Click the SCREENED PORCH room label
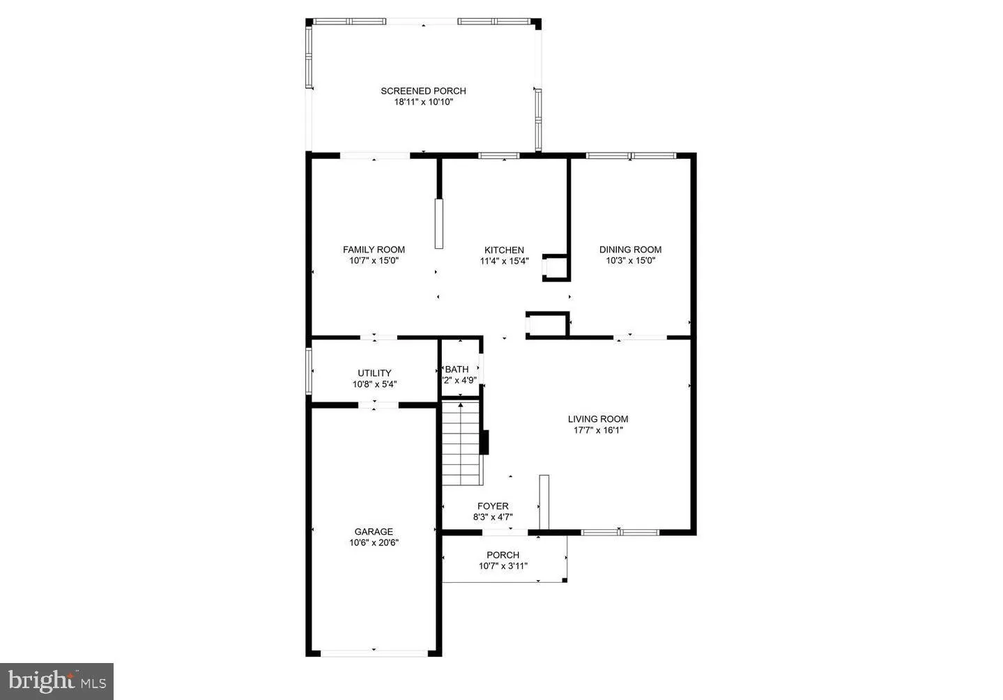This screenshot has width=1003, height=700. pos(423,91)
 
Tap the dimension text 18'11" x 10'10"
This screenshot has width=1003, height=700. pos(423,102)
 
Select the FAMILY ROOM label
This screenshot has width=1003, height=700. pos(374,250)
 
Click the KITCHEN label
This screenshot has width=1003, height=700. pos(504,250)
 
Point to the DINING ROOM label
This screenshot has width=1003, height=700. pos(630,250)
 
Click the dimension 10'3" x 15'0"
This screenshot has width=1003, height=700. pos(630,261)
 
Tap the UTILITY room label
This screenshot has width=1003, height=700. pos(374,373)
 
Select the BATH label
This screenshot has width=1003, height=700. pos(457,370)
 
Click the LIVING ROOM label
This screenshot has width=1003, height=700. pos(597,419)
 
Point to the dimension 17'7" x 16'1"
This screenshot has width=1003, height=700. pos(597,430)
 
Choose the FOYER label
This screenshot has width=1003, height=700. pos(493,506)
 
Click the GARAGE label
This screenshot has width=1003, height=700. pos(374,531)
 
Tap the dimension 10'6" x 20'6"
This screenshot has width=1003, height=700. pos(374,542)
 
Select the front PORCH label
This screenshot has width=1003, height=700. pos(503,555)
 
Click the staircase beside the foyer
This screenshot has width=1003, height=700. pos(461,443)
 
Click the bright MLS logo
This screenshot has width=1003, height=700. pos(56,680)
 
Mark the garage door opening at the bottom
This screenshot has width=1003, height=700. pos(374,653)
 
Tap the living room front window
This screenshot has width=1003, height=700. pos(620,533)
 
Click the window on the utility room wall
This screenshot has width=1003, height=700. pos(309,372)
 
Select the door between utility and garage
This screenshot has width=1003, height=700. pos(374,404)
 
